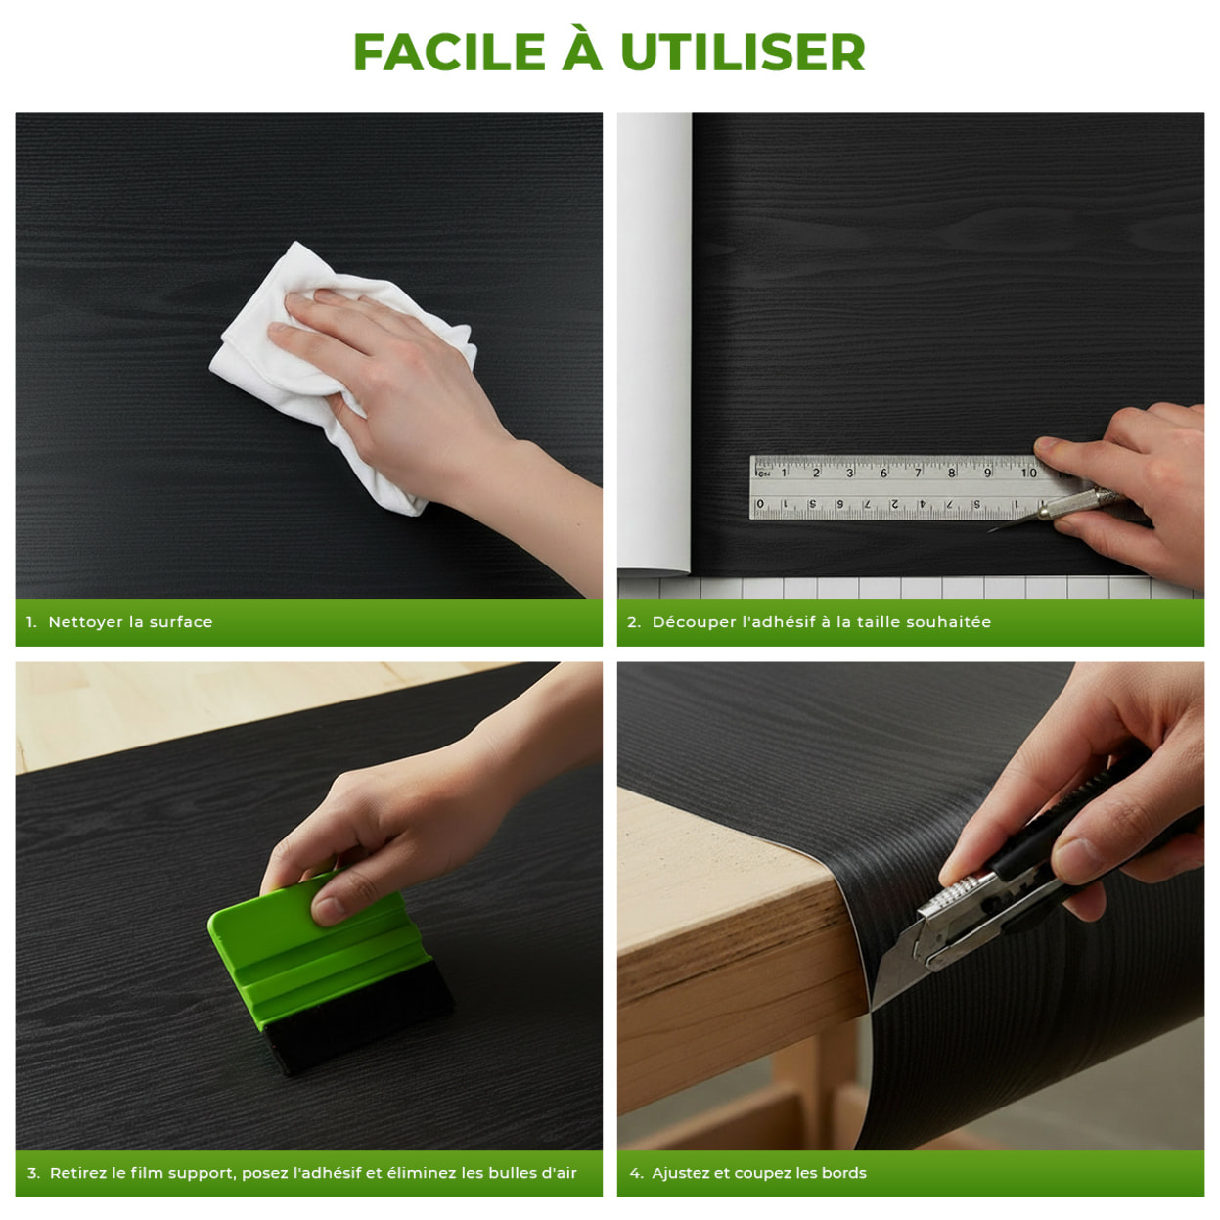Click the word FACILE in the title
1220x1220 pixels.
pos(448,53)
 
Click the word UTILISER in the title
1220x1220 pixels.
pos(743,53)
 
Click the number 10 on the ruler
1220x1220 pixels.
pos(1028,473)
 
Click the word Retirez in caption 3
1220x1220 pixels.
pos(78,1173)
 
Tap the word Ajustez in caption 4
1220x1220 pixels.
pos(681,1173)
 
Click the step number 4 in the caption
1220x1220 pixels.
pos(634,1173)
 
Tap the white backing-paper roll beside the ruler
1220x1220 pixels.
pos(654,342)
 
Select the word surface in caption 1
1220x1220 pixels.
pos(181,622)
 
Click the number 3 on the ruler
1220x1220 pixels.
pos(849,473)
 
